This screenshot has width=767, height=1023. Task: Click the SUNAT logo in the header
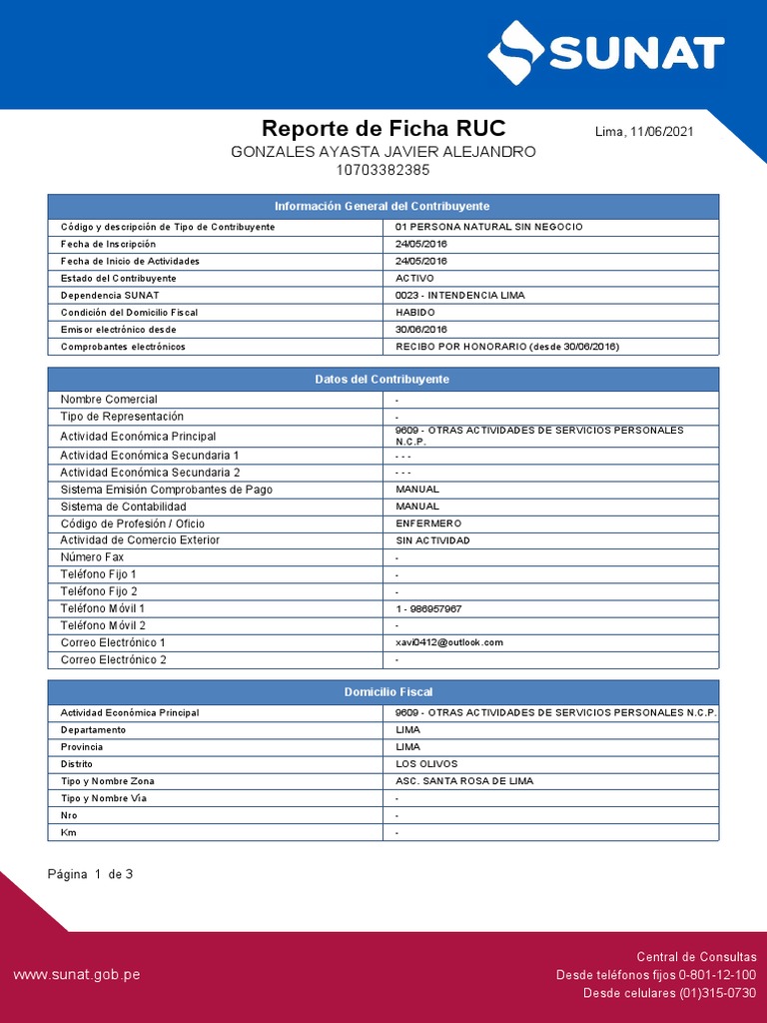605,52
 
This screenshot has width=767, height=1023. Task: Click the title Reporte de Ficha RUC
383,129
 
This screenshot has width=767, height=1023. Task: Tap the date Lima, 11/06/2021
644,132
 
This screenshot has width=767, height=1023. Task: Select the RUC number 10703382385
383,170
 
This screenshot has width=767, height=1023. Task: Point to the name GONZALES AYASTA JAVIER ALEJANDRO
383,152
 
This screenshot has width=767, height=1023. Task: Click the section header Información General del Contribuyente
383,206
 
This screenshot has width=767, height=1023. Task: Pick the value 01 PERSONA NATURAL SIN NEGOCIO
489,227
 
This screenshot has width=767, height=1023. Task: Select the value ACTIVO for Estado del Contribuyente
415,278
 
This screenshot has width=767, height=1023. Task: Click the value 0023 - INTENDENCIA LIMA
459,295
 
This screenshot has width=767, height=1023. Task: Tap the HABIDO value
415,312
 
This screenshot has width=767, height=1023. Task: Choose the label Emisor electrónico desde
118,329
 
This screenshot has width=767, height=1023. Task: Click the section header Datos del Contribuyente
383,380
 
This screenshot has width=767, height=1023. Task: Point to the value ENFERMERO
428,523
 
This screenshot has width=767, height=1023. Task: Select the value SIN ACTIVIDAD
432,540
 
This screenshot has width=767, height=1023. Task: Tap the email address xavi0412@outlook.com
449,642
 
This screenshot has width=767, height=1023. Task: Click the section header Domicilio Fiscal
383,691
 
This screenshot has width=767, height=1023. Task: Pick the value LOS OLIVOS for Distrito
426,763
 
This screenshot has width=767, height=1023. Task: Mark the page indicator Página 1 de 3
91,874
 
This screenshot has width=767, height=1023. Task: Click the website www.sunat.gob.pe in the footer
77,974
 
